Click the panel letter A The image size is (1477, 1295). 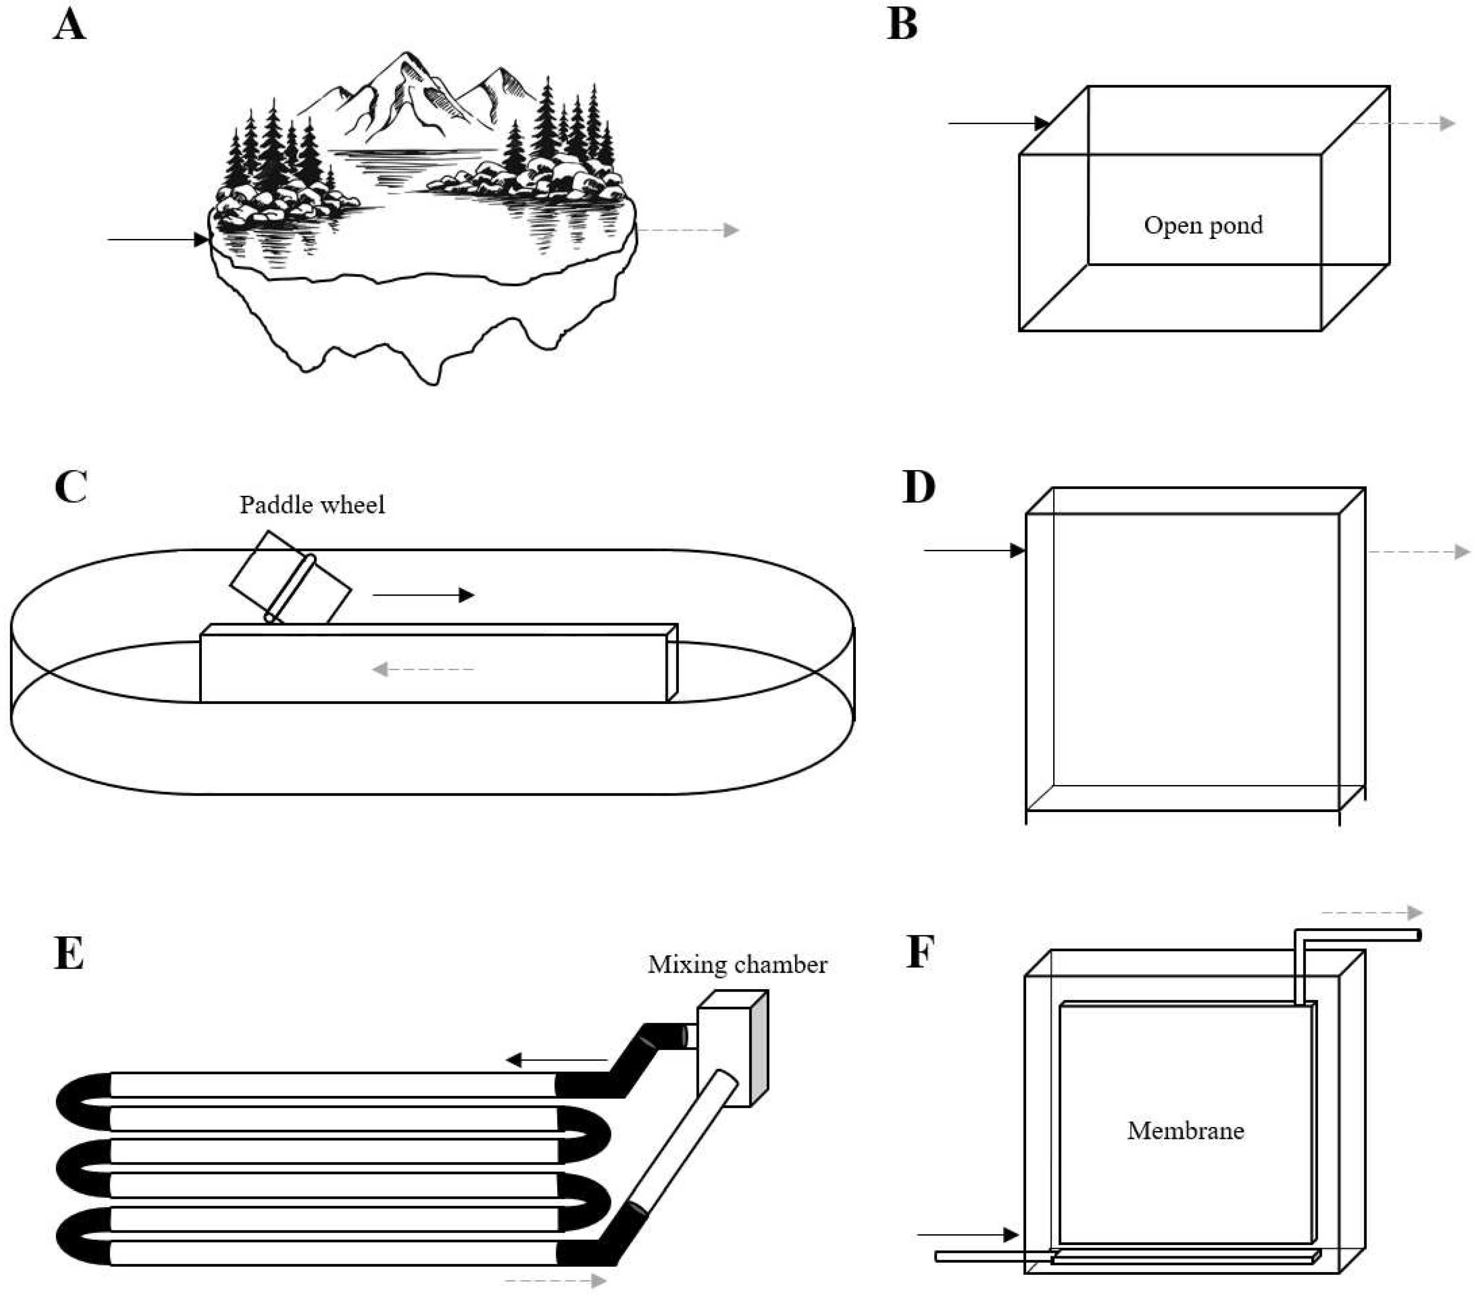70,25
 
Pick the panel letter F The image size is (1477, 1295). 920,953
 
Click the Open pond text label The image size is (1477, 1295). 1203,226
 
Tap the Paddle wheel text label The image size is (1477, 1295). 312,504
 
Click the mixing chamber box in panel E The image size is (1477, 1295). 731,1047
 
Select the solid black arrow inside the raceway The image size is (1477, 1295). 423,595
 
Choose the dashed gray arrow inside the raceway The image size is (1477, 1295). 423,669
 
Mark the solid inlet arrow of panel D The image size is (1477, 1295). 974,551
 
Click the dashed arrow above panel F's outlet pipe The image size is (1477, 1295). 1371,913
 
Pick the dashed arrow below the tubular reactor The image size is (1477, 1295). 555,1280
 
